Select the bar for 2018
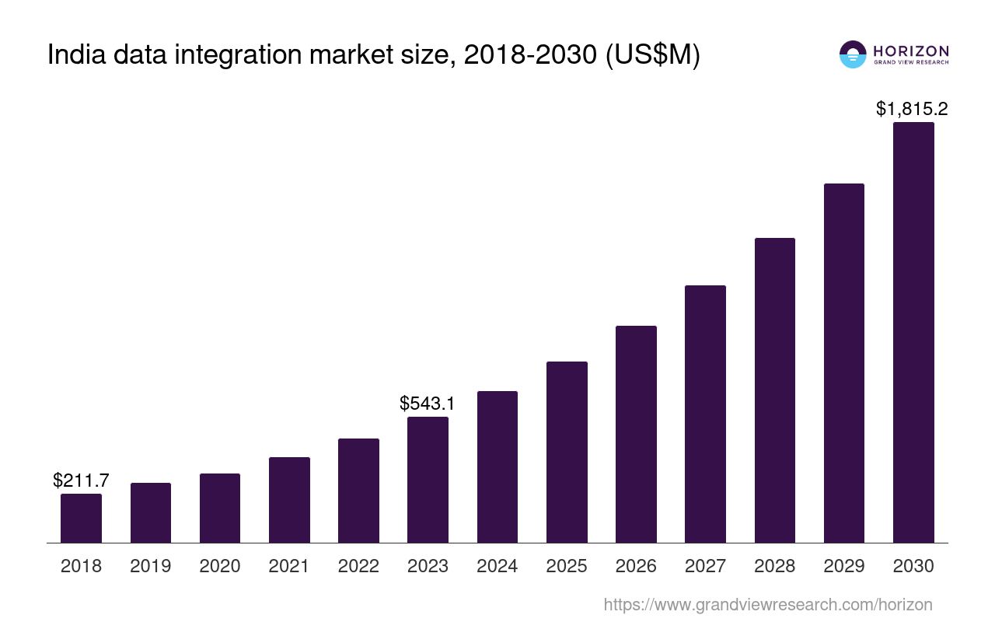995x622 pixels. [x=81, y=518]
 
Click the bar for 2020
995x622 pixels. [x=220, y=508]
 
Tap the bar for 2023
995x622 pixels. [x=428, y=480]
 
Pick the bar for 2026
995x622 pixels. [x=636, y=434]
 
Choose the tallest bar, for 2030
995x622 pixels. [x=913, y=332]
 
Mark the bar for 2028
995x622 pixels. [x=775, y=390]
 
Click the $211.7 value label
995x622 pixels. [x=81, y=480]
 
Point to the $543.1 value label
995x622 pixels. [x=428, y=404]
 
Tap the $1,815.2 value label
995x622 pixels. [x=912, y=109]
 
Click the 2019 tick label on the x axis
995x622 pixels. [x=151, y=566]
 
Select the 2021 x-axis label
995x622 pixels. [x=289, y=566]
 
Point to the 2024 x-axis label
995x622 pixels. [x=497, y=566]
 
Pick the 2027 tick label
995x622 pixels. [x=705, y=566]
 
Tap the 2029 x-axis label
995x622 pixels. [x=844, y=566]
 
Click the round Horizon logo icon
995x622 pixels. [x=853, y=54]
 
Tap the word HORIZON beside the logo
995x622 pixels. [x=911, y=51]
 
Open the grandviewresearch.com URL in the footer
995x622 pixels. [x=768, y=604]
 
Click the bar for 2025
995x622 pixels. [x=567, y=452]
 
